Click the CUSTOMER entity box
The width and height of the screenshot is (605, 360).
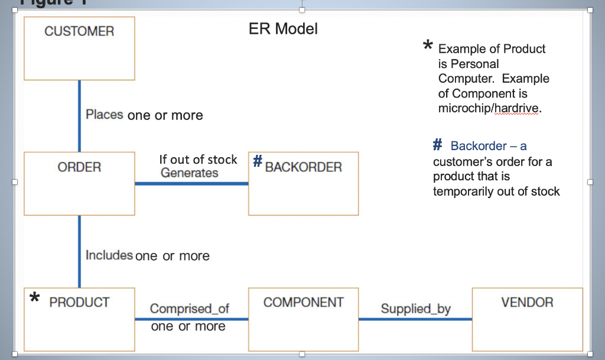pyautogui.click(x=79, y=48)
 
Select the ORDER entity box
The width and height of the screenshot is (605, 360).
pyautogui.click(x=79, y=183)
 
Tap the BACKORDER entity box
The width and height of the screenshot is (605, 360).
pyautogui.click(x=303, y=184)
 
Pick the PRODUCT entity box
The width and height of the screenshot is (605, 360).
pyautogui.click(x=79, y=319)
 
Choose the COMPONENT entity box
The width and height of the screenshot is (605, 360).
pyautogui.click(x=303, y=319)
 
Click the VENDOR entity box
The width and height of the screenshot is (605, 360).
pyautogui.click(x=527, y=319)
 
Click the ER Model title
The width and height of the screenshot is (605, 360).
pyautogui.click(x=283, y=28)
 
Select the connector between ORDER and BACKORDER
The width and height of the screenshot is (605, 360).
pyautogui.click(x=191, y=183)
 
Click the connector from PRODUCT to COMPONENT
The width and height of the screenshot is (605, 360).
pyautogui.click(x=191, y=319)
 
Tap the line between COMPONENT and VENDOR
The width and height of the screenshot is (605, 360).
pyautogui.click(x=415, y=319)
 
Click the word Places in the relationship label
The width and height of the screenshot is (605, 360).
pyautogui.click(x=105, y=115)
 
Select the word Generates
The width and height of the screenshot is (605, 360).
pyautogui.click(x=189, y=173)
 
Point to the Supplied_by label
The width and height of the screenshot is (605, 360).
pyautogui.click(x=415, y=308)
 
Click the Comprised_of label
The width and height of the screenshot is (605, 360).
pyautogui.click(x=189, y=308)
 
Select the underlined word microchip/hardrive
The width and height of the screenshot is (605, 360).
pyautogui.click(x=489, y=109)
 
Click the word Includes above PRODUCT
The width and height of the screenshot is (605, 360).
pyautogui.click(x=109, y=255)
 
